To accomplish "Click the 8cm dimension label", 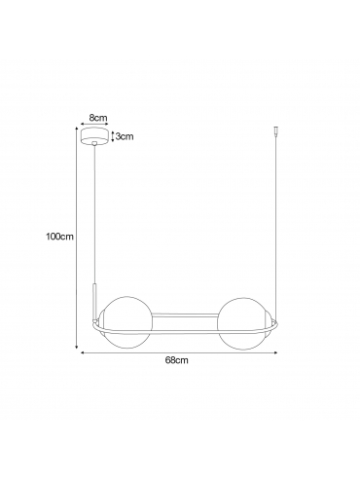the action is [x=98, y=118].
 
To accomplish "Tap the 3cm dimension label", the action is [x=125, y=136].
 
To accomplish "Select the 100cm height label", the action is [x=59, y=237].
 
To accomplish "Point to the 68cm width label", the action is [x=176, y=360].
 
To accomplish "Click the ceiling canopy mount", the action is [x=94, y=136].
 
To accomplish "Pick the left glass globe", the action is [x=127, y=323].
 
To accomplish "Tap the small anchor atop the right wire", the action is [x=276, y=130].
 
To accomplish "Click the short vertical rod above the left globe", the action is [x=94, y=301].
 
